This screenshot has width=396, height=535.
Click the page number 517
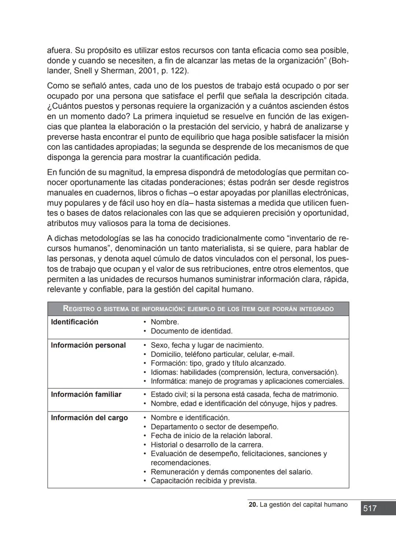tap(370, 508)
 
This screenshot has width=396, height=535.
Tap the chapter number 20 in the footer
tap(252, 505)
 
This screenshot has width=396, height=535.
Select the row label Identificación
tap(74, 322)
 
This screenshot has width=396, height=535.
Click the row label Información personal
tap(88, 345)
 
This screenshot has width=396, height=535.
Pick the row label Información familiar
tap(86, 394)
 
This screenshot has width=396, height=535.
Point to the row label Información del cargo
tap(89, 418)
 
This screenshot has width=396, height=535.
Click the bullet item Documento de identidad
tap(191, 331)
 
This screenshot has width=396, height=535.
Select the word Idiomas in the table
tap(164, 372)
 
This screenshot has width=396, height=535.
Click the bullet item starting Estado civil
tap(244, 394)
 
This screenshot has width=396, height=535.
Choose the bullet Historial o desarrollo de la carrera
tap(207, 445)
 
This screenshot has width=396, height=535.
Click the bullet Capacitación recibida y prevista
tap(203, 481)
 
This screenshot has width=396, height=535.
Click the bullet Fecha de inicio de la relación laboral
tap(211, 436)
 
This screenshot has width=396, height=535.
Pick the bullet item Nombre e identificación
tap(190, 418)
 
